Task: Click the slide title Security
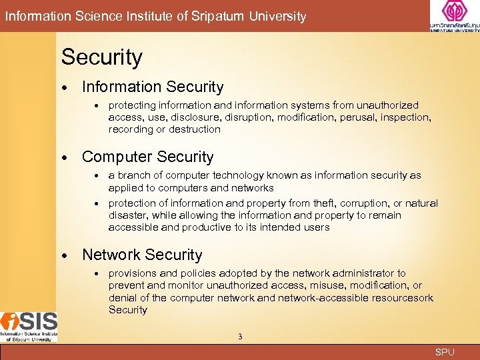(102, 57)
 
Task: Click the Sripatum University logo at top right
(454, 16)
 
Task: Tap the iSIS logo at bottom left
(29, 327)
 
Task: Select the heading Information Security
(153, 87)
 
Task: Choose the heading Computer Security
(147, 157)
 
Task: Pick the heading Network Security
(141, 255)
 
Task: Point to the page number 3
(240, 337)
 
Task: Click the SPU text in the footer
(445, 352)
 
